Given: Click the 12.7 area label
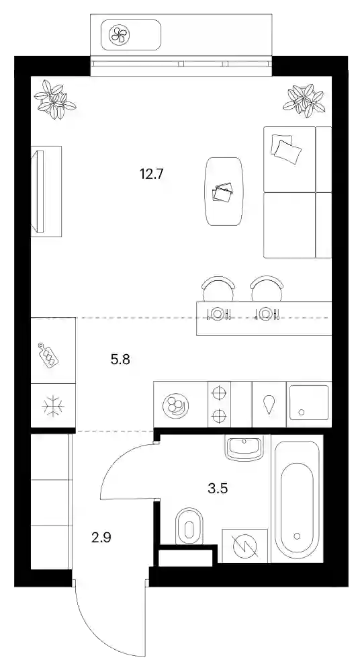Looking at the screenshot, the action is click(x=152, y=174).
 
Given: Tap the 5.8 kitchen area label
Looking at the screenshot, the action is click(x=120, y=360).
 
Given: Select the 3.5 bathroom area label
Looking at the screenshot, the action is click(x=218, y=488).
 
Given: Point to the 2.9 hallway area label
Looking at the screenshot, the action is click(x=101, y=538).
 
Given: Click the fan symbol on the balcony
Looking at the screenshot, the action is click(x=119, y=35).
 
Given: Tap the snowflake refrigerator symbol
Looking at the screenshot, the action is click(x=53, y=406).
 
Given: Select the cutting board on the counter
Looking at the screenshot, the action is click(x=48, y=354).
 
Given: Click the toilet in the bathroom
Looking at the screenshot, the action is click(x=189, y=526).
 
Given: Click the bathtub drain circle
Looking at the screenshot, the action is click(x=297, y=536).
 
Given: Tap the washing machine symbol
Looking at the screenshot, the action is click(x=245, y=546).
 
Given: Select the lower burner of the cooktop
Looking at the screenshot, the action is click(x=219, y=415).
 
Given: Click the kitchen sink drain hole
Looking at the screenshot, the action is click(x=302, y=412).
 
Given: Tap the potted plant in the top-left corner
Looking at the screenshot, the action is click(x=54, y=100).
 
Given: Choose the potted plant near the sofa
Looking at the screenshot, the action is click(x=304, y=100).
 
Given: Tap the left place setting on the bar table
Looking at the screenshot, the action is click(x=217, y=314).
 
